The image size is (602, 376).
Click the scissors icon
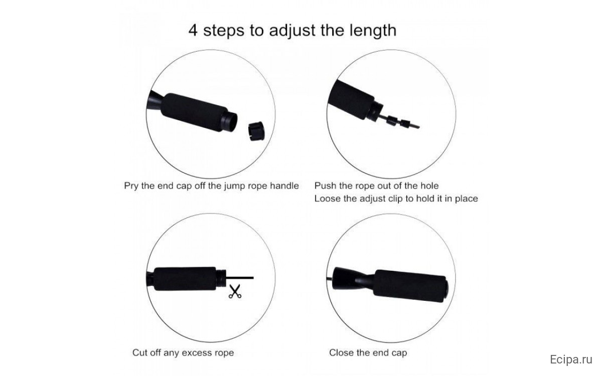point(235,292)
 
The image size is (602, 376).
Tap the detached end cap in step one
point(256,131)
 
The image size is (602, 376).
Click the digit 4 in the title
point(193,31)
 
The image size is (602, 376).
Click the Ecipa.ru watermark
point(571,359)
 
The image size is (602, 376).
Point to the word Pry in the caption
point(131,186)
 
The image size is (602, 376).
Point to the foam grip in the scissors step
point(185,279)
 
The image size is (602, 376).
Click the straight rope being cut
point(240,278)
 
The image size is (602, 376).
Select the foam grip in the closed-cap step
point(410,286)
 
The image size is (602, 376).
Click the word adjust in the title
point(292,31)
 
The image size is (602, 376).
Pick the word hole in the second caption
point(429,185)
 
